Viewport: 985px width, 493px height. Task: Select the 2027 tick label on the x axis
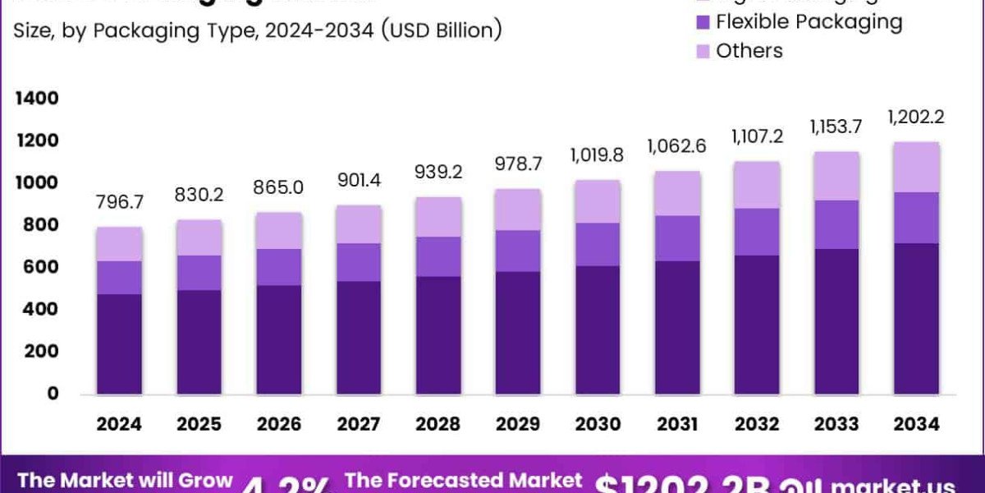coord(359,424)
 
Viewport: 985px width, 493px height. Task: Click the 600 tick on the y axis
coord(41,267)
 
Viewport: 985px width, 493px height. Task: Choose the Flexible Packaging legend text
coord(809,21)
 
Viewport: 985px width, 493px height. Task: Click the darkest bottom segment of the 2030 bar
coord(598,329)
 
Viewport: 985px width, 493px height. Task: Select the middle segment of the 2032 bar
coord(757,232)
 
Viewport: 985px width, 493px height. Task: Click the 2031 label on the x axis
coord(677,424)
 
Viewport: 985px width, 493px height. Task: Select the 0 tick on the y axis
coord(53,394)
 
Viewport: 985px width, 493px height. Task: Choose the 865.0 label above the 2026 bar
coord(279,187)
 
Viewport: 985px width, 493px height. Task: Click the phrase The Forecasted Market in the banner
coord(464,481)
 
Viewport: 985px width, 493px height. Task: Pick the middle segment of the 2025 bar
coord(199,272)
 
